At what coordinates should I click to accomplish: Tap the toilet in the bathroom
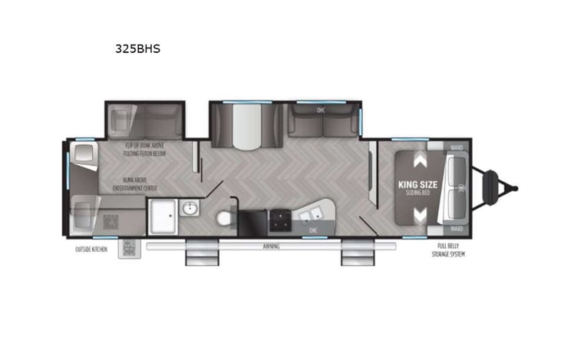pyautogui.click(x=225, y=218)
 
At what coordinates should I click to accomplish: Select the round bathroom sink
pyautogui.click(x=190, y=208)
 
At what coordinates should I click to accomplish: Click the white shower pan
pyautogui.click(x=163, y=215)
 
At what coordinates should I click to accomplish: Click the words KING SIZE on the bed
pyautogui.click(x=418, y=184)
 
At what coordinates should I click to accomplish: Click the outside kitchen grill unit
pyautogui.click(x=128, y=248)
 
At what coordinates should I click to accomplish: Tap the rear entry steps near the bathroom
pyautogui.click(x=196, y=255)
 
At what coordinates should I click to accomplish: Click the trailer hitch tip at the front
pyautogui.click(x=514, y=187)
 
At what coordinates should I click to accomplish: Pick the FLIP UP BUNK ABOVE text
pyautogui.click(x=145, y=145)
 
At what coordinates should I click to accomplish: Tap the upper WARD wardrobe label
pyautogui.click(x=457, y=147)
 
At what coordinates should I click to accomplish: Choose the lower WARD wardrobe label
pyautogui.click(x=457, y=228)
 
